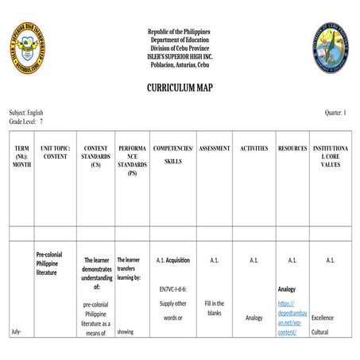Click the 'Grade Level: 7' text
(x=26, y=122)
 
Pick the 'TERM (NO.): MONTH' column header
(x=21, y=156)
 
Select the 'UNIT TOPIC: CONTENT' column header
(x=56, y=152)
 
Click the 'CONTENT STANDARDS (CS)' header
(x=96, y=156)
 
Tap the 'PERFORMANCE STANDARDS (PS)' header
(x=132, y=160)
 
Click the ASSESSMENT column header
(x=215, y=149)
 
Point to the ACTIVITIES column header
(x=254, y=149)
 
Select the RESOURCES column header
(x=292, y=149)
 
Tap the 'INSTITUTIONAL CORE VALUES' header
(x=331, y=156)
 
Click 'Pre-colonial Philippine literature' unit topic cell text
(x=50, y=263)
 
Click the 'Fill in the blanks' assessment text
(x=214, y=308)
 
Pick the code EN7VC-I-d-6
(x=172, y=289)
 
